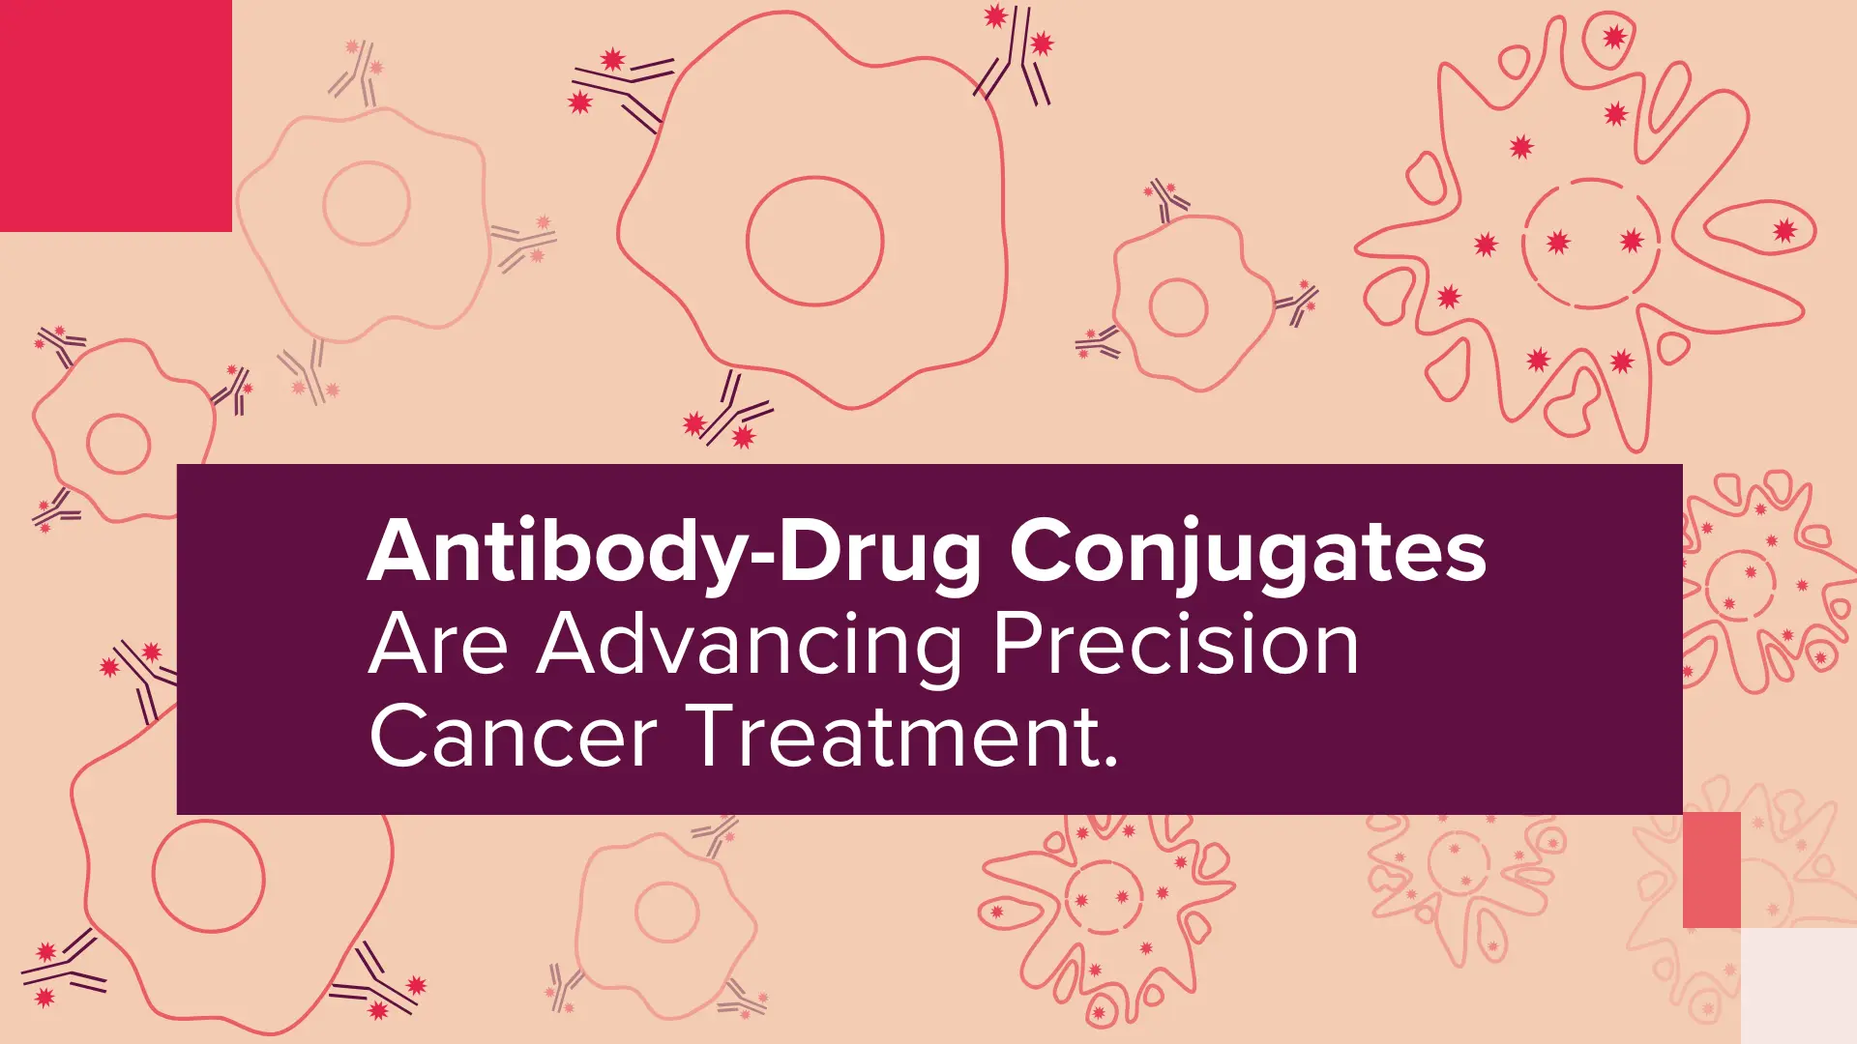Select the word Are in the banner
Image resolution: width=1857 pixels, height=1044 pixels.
click(438, 645)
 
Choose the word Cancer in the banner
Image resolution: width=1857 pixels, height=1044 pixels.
click(514, 737)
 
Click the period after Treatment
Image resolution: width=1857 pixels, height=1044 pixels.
click(1110, 761)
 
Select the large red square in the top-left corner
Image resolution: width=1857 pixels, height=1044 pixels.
click(116, 116)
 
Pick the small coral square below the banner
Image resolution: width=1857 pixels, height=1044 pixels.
click(1712, 870)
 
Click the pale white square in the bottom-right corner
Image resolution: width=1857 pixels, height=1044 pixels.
click(1799, 986)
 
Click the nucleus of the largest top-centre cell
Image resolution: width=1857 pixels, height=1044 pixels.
click(747, 241)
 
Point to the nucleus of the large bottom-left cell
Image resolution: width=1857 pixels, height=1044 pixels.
click(154, 876)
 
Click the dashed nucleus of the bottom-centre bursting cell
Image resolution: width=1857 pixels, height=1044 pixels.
click(1067, 897)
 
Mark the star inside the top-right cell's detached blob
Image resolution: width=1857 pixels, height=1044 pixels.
click(1784, 231)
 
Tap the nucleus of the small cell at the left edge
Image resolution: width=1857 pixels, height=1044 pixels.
click(88, 444)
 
